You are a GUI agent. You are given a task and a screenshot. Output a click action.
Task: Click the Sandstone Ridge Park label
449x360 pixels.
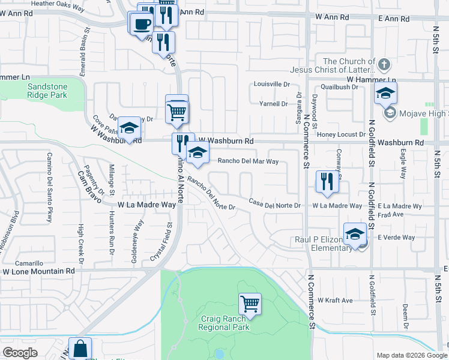tap(47, 91)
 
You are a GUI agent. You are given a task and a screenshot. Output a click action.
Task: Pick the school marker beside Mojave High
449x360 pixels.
tap(386, 93)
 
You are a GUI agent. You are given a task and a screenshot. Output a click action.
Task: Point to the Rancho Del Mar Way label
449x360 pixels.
tap(248, 161)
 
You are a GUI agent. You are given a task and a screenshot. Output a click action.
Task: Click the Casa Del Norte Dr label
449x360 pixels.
tap(274, 205)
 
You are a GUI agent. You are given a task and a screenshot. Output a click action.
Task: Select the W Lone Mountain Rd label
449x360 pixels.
tap(39, 271)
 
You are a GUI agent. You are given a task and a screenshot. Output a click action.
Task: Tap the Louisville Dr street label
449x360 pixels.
tap(271, 84)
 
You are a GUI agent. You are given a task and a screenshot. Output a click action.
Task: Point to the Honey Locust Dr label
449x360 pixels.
tap(341, 135)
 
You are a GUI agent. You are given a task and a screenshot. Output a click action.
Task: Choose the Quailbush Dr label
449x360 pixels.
tap(339, 86)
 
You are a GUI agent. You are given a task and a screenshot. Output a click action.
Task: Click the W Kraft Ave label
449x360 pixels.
tap(335, 299)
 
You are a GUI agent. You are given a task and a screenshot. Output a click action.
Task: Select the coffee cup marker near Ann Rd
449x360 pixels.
tap(142, 23)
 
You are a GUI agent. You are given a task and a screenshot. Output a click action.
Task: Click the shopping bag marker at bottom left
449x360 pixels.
tap(80, 349)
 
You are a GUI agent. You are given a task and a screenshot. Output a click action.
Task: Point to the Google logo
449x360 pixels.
tap(20, 353)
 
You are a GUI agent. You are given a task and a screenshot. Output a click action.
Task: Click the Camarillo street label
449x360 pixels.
tap(29, 263)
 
